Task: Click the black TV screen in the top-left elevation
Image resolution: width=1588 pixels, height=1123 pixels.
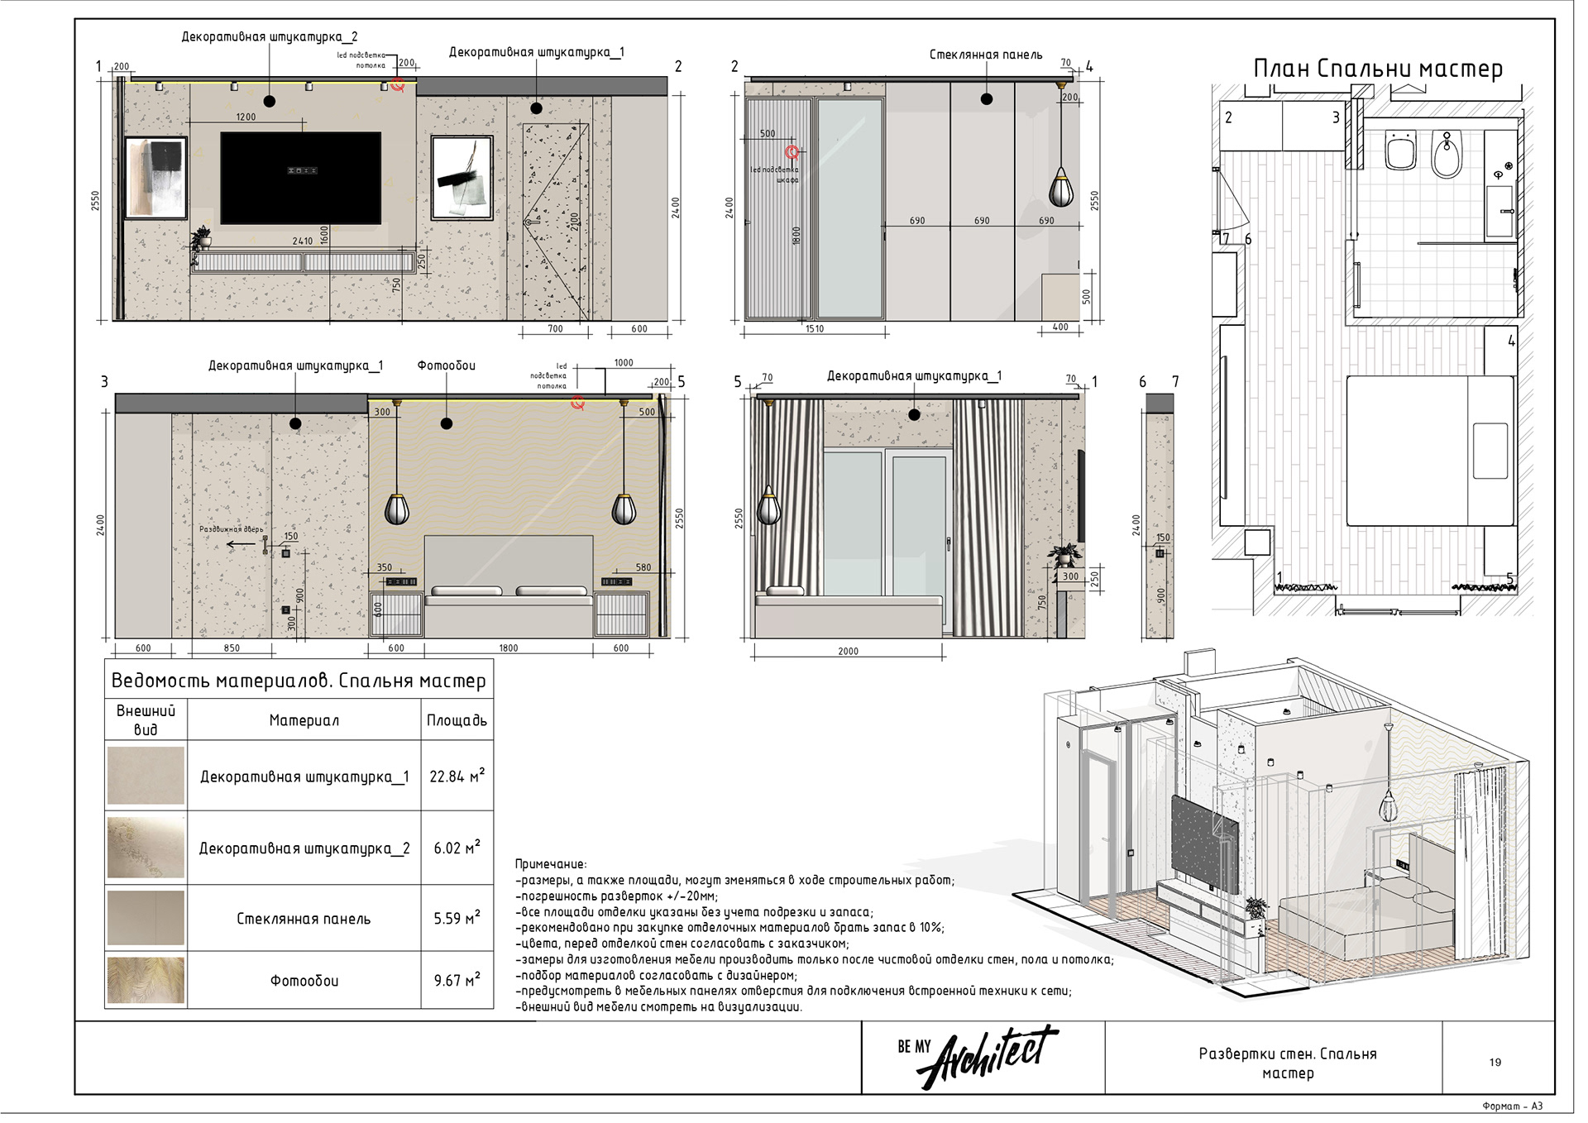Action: [x=300, y=178]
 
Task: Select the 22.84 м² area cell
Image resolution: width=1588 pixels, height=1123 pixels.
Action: [x=457, y=776]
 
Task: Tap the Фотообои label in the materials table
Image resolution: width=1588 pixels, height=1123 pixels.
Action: [x=304, y=981]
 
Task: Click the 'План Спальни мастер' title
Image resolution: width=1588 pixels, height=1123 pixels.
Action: [x=1377, y=69]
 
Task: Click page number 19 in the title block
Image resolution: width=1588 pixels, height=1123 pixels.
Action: [x=1495, y=1063]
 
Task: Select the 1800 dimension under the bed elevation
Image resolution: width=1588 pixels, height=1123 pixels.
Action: [x=508, y=648]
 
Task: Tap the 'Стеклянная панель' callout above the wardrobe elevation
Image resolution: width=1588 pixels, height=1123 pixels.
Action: [x=985, y=55]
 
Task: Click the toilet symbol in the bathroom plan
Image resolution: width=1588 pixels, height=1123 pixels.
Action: [x=1400, y=151]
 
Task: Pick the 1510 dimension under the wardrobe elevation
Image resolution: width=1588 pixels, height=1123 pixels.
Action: [x=814, y=329]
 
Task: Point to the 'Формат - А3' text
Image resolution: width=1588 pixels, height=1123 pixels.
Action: [x=1512, y=1106]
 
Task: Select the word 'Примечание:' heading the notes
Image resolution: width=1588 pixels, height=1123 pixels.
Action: [x=550, y=864]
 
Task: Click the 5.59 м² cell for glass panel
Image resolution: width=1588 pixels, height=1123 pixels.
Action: [x=457, y=918]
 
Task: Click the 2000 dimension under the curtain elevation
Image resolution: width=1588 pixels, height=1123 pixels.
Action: [x=848, y=652]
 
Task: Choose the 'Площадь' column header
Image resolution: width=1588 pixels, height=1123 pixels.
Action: [x=457, y=720]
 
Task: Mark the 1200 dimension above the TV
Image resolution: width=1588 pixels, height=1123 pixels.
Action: [x=246, y=117]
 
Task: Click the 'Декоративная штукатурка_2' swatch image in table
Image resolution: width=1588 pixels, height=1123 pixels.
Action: [x=146, y=848]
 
